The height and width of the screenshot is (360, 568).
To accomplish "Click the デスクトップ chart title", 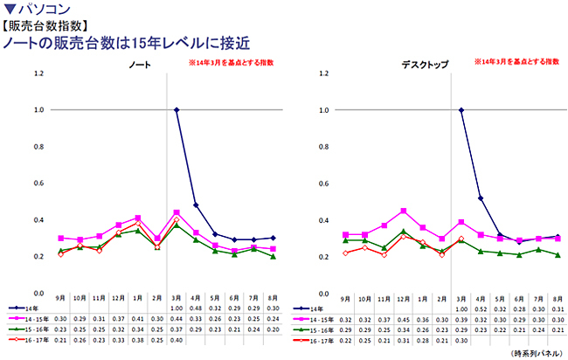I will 424,66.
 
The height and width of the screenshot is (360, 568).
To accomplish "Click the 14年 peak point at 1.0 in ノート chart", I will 177,110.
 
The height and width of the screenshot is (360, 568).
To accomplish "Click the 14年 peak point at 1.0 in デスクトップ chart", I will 461,110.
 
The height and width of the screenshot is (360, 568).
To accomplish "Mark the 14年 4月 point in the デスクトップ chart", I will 480,198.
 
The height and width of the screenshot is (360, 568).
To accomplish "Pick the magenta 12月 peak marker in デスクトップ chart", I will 403,211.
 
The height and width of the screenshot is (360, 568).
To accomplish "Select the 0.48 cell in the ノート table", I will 196,308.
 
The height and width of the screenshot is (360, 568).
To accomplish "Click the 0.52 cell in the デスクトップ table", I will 480,308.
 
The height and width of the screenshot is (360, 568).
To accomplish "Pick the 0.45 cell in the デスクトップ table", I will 403,319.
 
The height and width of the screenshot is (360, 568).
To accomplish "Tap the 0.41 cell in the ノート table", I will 138,319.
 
